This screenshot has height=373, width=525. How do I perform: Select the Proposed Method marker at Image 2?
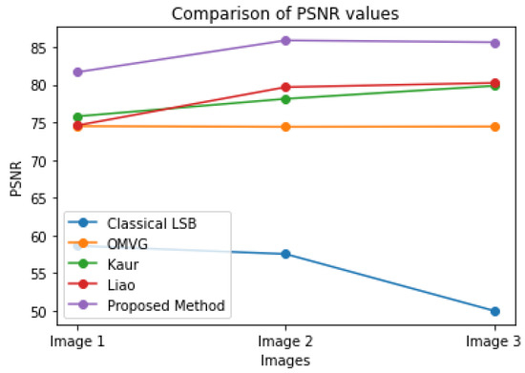click(x=286, y=40)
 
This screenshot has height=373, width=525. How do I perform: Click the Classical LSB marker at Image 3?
click(x=494, y=311)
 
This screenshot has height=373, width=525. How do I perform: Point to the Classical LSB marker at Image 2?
click(x=286, y=254)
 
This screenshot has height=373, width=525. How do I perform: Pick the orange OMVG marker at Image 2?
click(x=286, y=127)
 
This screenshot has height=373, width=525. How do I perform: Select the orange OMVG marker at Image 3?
click(x=494, y=126)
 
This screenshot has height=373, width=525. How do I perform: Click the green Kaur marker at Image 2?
click(x=286, y=98)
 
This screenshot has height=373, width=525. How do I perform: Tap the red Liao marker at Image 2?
click(x=286, y=87)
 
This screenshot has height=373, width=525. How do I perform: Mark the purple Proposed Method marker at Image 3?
click(x=494, y=43)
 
